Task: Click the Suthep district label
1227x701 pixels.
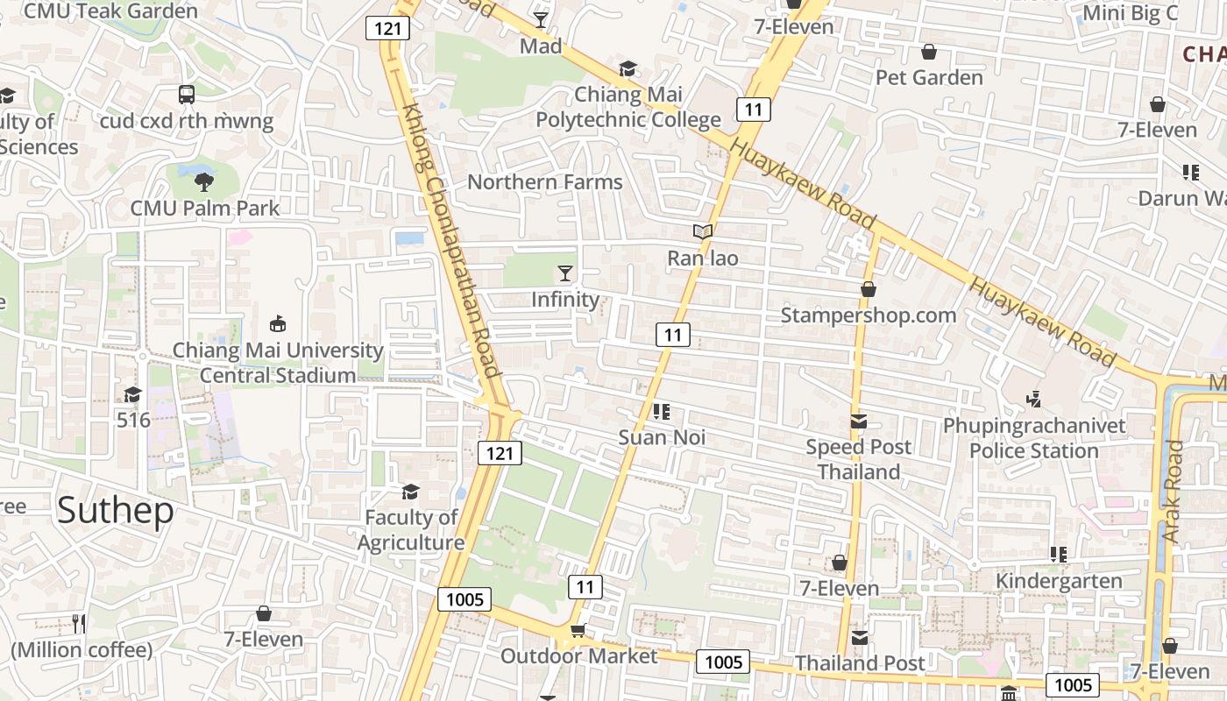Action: [x=116, y=510]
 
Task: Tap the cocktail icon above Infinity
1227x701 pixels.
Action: [x=565, y=273]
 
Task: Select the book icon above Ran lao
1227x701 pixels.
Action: [x=703, y=232]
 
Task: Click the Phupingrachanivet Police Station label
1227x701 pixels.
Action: [x=1034, y=438]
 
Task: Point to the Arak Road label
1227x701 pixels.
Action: [x=1172, y=491]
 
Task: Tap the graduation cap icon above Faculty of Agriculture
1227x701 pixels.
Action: [x=410, y=492]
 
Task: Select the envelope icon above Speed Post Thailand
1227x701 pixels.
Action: [x=859, y=421]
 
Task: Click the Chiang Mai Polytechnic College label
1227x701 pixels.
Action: [x=628, y=107]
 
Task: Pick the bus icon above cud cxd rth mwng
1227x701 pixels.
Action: [x=187, y=95]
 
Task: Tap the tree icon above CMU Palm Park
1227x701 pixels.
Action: [x=204, y=182]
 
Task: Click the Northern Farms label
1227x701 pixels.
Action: [x=545, y=182]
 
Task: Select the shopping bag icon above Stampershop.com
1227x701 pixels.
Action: [x=869, y=289]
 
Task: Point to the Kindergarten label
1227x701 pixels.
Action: [x=1059, y=581]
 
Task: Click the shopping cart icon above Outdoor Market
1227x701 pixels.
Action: [x=578, y=630]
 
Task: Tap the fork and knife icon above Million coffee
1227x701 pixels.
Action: [x=80, y=624]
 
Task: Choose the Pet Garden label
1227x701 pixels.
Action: [x=929, y=78]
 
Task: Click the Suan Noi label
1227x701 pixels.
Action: [x=662, y=437]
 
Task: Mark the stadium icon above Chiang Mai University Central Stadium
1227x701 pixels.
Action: [x=278, y=324]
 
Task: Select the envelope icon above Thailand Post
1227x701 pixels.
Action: [x=860, y=638]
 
